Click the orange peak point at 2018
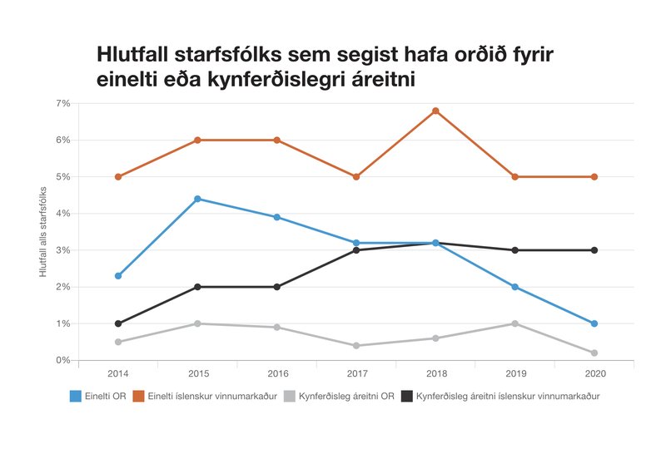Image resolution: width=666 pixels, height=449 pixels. tap(435, 111)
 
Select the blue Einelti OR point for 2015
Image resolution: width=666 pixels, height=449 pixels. tap(197, 199)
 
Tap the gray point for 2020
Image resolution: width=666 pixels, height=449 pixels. tap(594, 353)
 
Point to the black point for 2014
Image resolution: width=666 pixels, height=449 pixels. tap(118, 323)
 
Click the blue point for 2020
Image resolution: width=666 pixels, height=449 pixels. tap(594, 323)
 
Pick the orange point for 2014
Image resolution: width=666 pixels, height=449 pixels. tap(118, 176)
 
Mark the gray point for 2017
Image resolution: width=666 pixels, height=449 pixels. tap(356, 345)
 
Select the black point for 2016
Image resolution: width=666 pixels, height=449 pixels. tap(277, 287)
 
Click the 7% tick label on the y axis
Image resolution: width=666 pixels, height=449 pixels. tap(62, 103)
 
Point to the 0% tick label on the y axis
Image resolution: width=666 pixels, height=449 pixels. tap(62, 360)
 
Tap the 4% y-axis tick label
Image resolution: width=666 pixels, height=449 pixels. tap(62, 214)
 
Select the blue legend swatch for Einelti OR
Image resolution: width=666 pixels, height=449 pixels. tap(75, 397)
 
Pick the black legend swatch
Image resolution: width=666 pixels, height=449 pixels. tap(407, 397)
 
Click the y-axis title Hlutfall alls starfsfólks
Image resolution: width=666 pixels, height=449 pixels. tap(43, 232)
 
